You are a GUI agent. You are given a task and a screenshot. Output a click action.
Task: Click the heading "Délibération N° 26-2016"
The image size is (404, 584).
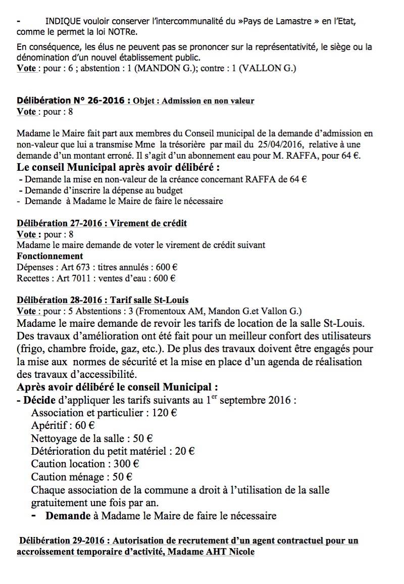click(x=70, y=101)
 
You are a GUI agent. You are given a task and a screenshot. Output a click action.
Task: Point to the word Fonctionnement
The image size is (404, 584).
click(x=50, y=256)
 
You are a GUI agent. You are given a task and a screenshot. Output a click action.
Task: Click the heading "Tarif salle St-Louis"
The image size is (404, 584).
click(x=149, y=300)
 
